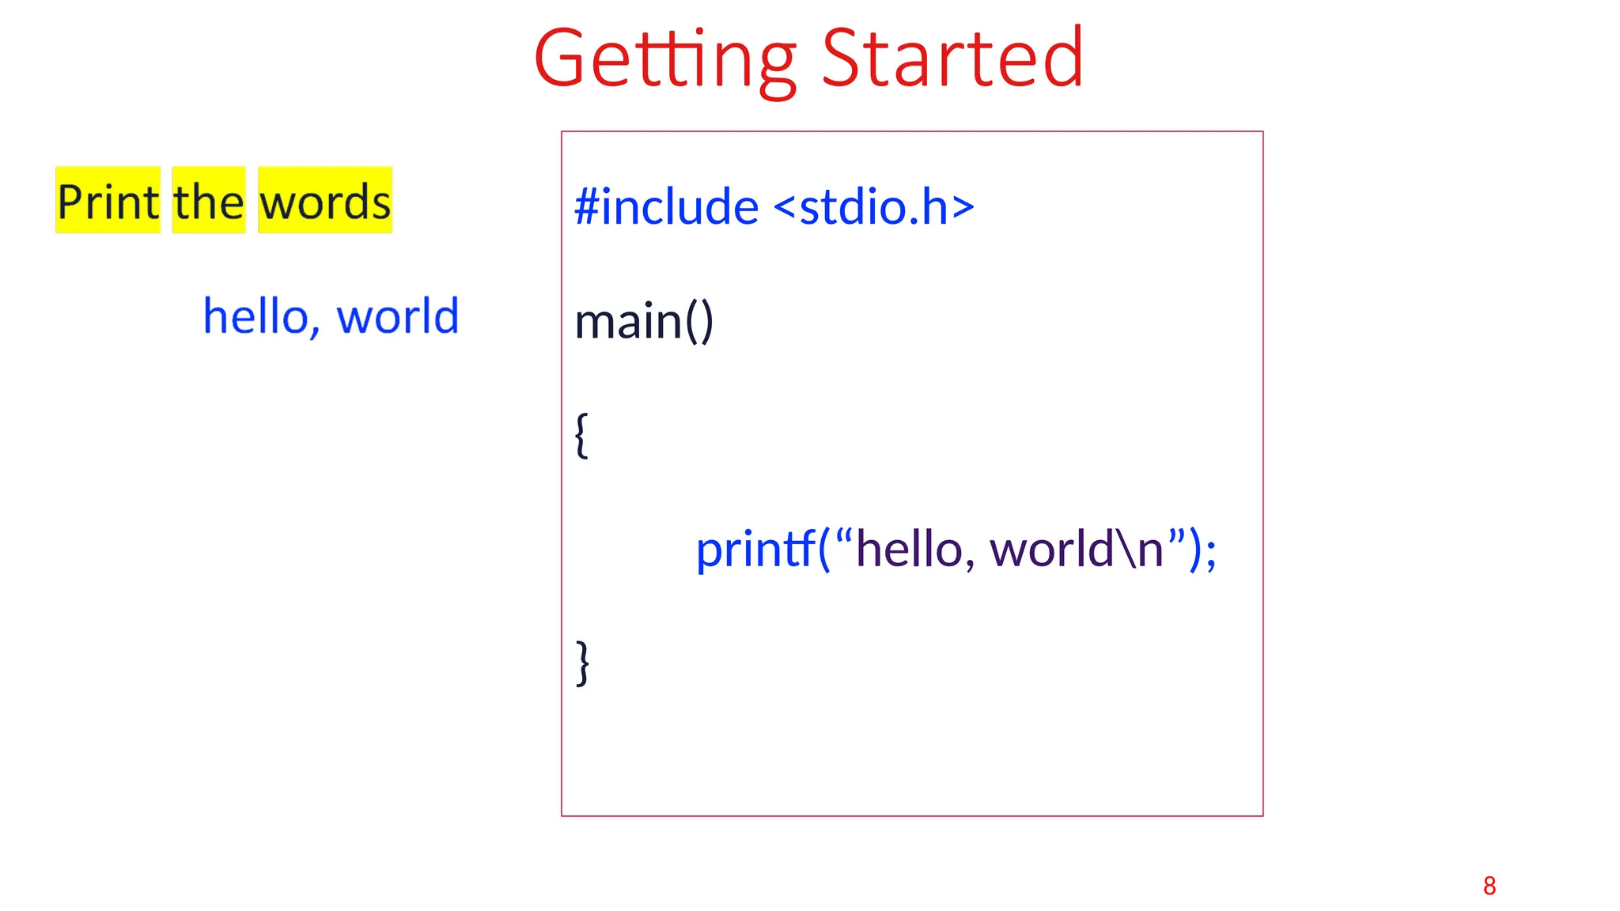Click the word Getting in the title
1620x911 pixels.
coord(664,59)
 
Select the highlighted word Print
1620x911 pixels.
coord(108,201)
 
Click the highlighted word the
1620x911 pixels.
coord(209,201)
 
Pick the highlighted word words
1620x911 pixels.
coord(325,201)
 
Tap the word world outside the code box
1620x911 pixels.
coord(398,316)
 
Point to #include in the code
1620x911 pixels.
coord(667,207)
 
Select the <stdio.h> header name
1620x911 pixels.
coord(873,207)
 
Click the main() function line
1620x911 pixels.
coord(644,321)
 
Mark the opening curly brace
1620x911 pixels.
coord(581,435)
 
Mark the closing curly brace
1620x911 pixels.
coord(583,663)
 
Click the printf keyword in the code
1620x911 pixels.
coord(755,549)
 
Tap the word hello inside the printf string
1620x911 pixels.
coord(908,549)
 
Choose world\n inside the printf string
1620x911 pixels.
coord(1077,549)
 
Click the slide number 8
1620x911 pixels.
coord(1489,886)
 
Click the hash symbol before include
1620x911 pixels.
coord(586,207)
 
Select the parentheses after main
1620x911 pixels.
coord(699,321)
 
